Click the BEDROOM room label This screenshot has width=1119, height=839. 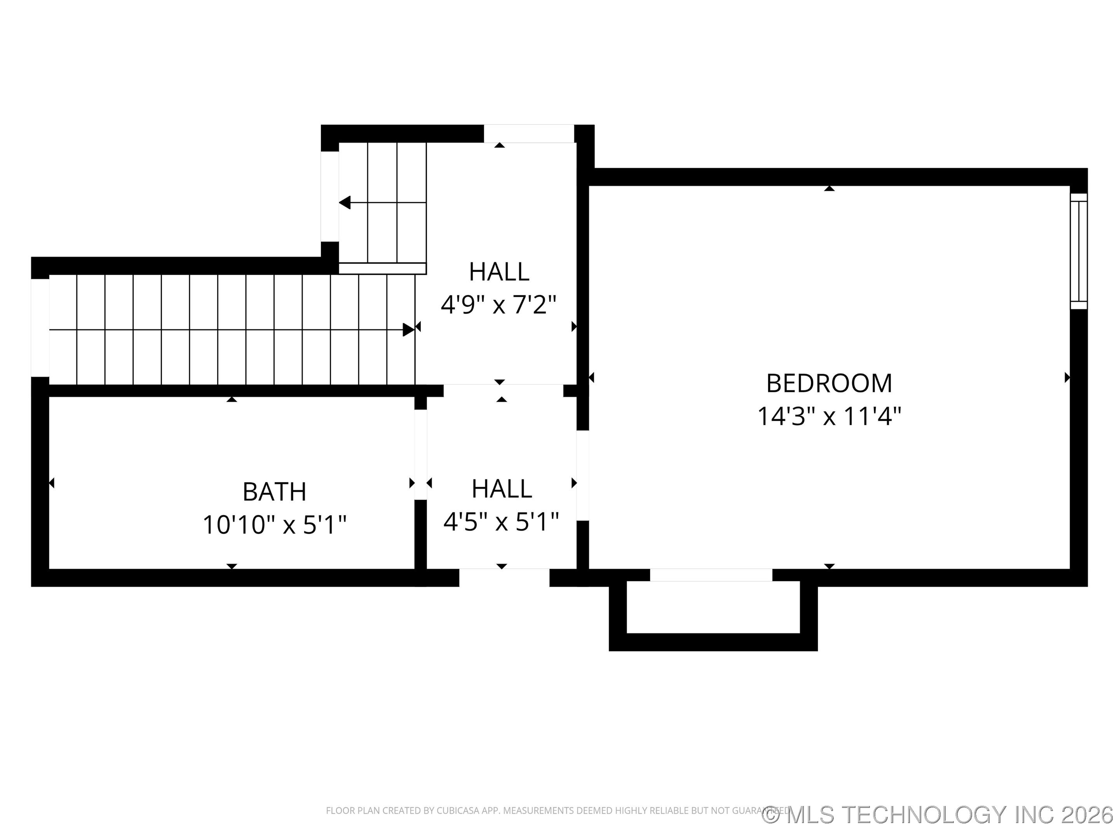[x=829, y=383]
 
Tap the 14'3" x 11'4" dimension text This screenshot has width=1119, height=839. [x=829, y=417]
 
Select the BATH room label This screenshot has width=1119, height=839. [x=274, y=492]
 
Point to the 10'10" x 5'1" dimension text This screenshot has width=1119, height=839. [x=274, y=524]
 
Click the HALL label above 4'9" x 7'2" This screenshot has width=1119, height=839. [x=499, y=272]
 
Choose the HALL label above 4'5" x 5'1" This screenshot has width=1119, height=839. [x=501, y=489]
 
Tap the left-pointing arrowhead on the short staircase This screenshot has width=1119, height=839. [x=345, y=203]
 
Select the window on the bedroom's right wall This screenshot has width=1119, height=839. [x=1079, y=251]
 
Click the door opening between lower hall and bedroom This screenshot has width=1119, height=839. [x=583, y=475]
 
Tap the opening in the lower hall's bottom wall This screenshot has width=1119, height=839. [x=504, y=578]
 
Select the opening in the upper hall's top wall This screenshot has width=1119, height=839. [x=529, y=134]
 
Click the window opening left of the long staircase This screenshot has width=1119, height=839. [x=40, y=328]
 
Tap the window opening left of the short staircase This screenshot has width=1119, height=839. [x=330, y=197]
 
